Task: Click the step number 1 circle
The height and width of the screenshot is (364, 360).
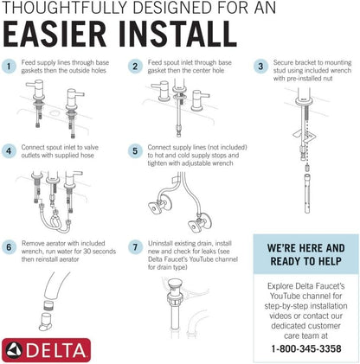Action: pyautogui.click(x=8, y=66)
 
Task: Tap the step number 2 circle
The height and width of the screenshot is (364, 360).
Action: pyautogui.click(x=135, y=66)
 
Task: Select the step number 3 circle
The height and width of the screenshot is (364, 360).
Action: pyautogui.click(x=260, y=66)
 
